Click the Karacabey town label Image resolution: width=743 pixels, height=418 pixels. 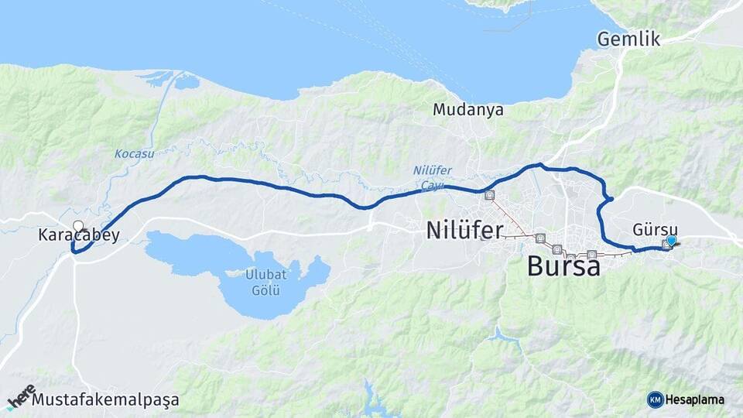79,235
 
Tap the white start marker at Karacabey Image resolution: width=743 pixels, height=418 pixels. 78,227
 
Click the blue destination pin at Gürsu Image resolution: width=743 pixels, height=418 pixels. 671,241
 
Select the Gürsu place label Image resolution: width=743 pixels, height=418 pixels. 655,230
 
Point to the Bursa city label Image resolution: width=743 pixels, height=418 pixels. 563,266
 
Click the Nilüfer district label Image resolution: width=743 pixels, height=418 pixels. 464,230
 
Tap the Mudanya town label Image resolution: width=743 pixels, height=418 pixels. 468,110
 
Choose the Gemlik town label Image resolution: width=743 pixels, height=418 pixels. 628,39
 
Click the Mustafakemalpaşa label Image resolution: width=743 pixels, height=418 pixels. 106,400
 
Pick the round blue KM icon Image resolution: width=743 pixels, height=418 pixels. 655,399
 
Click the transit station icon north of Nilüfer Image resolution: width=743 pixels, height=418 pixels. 489,196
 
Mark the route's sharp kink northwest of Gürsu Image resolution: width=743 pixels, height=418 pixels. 611,200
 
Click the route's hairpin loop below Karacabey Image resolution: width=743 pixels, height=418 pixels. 74,250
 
